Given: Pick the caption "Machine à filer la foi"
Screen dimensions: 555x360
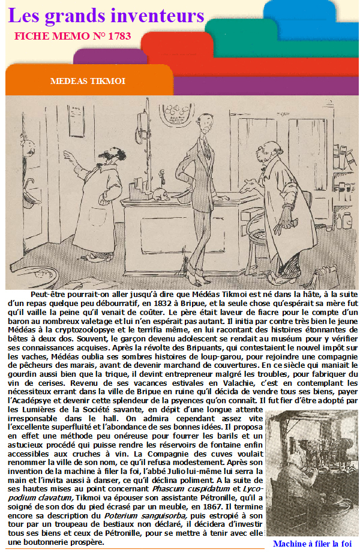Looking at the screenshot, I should click(x=311, y=544).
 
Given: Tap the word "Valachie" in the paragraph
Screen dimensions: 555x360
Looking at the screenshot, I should click(x=172, y=382).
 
